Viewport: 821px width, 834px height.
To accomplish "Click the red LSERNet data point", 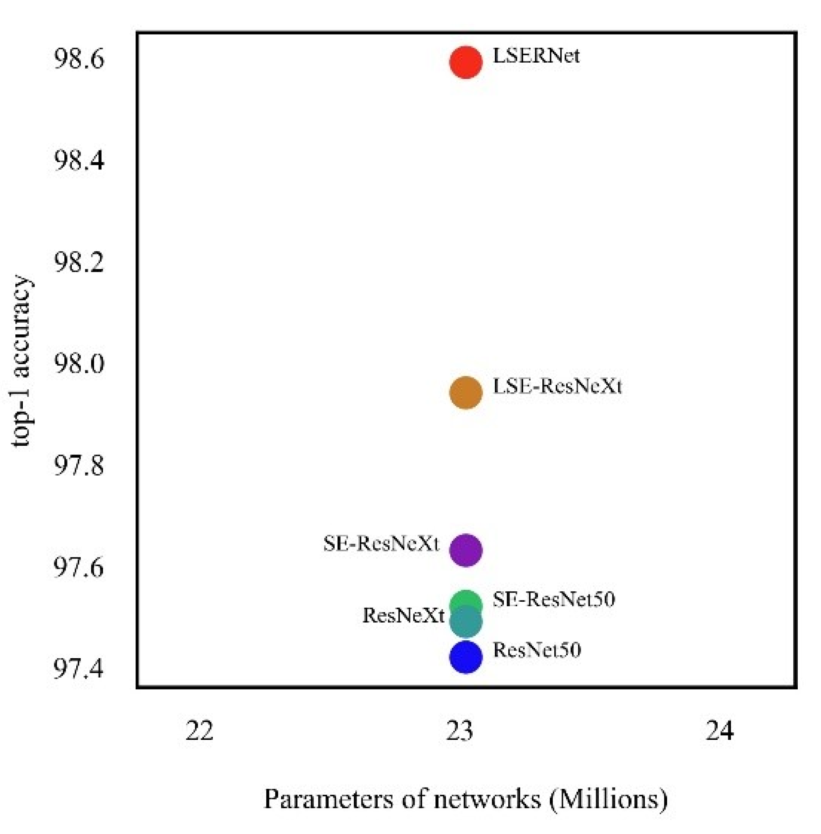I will tap(465, 62).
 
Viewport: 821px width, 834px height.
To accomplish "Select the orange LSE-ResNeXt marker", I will tap(465, 392).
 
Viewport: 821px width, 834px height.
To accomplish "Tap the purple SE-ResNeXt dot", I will tap(465, 550).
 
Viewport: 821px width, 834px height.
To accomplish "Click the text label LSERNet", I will tap(536, 56).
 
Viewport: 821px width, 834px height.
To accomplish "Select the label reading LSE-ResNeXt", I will tap(557, 387).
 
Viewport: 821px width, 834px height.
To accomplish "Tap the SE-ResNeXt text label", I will tap(381, 544).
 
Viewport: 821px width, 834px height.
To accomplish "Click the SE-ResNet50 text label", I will tap(554, 599).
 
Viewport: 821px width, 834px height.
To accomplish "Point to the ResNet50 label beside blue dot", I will tap(537, 650).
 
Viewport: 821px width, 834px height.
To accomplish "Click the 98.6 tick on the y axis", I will tap(78, 59).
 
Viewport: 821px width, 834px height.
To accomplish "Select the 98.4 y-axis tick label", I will tap(78, 161).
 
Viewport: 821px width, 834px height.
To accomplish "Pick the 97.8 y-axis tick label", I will tap(78, 466).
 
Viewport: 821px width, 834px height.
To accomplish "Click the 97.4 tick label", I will tap(78, 670).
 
